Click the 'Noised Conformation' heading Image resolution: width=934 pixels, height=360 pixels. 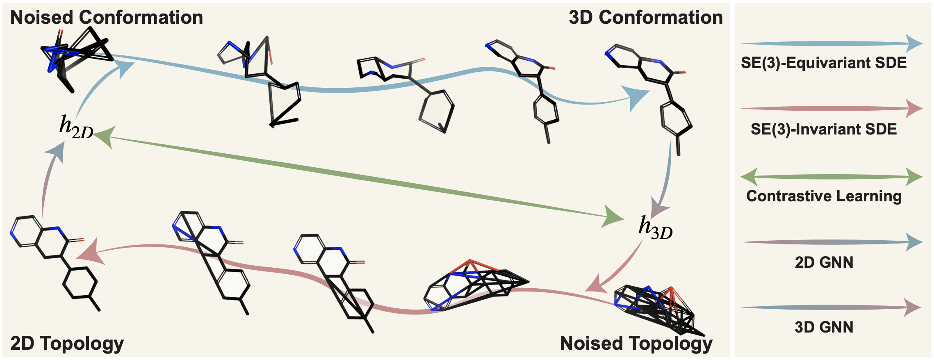[107, 18]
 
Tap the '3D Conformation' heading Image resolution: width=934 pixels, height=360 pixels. [645, 18]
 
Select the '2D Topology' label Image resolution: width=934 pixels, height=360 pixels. [67, 343]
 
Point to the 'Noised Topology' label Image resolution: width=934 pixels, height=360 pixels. [636, 343]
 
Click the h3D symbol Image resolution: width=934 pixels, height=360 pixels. [655, 228]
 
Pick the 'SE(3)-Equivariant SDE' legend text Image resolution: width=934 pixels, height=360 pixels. [824, 63]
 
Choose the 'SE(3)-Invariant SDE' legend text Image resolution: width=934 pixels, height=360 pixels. [824, 129]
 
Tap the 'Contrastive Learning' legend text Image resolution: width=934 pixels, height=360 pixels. [824, 196]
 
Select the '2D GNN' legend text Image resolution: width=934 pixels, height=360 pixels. [824, 262]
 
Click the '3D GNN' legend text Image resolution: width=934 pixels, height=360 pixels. [824, 327]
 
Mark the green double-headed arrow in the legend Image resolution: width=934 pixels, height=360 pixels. [831, 177]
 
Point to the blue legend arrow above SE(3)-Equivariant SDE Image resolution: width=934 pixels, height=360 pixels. [831, 43]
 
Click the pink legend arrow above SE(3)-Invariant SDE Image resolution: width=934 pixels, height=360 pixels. [831, 109]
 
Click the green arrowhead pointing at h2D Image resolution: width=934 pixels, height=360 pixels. [105, 137]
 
